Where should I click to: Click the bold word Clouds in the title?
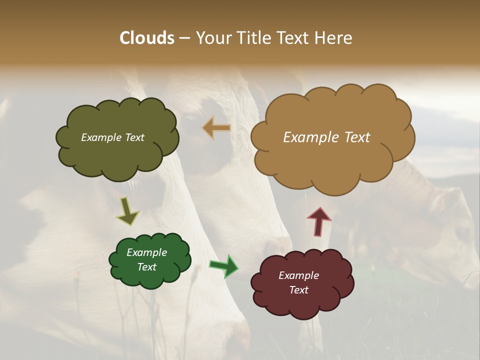point(147,38)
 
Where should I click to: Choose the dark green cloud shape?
point(150,280)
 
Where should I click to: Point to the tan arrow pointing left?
point(216,128)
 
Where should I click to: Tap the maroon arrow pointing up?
point(318,221)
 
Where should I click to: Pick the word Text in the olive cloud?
point(134,137)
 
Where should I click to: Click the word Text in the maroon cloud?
point(298,290)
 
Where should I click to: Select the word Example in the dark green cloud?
point(147,252)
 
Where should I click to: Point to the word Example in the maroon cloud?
point(298,275)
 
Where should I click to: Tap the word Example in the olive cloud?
point(102,137)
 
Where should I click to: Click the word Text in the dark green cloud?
point(147,267)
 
